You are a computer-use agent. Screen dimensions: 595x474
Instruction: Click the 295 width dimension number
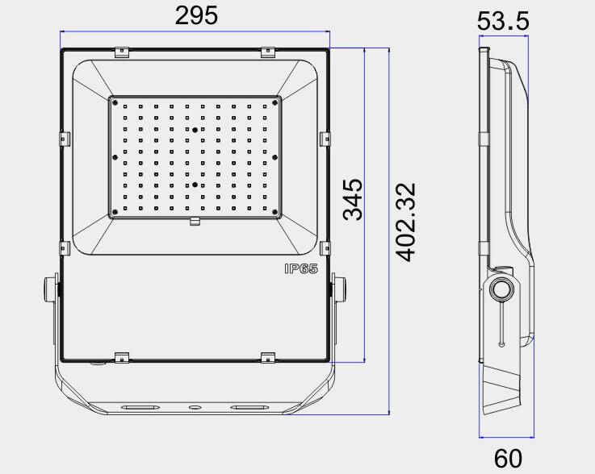pos(196,15)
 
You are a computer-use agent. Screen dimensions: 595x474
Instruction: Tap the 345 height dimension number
pos(353,200)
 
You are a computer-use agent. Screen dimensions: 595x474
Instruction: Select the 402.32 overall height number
pos(405,222)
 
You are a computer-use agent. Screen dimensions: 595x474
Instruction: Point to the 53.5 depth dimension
pos(503,21)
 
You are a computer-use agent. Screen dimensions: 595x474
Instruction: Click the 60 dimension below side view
pos(508,458)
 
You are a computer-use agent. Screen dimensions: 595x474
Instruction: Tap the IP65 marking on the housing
pos(301,268)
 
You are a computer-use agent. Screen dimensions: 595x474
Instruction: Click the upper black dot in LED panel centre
pos(195,130)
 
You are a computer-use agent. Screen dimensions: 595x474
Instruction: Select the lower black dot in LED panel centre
pos(195,185)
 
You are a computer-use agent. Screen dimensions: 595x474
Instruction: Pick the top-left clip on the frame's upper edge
pos(122,52)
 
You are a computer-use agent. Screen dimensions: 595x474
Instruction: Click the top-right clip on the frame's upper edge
pos(268,52)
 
